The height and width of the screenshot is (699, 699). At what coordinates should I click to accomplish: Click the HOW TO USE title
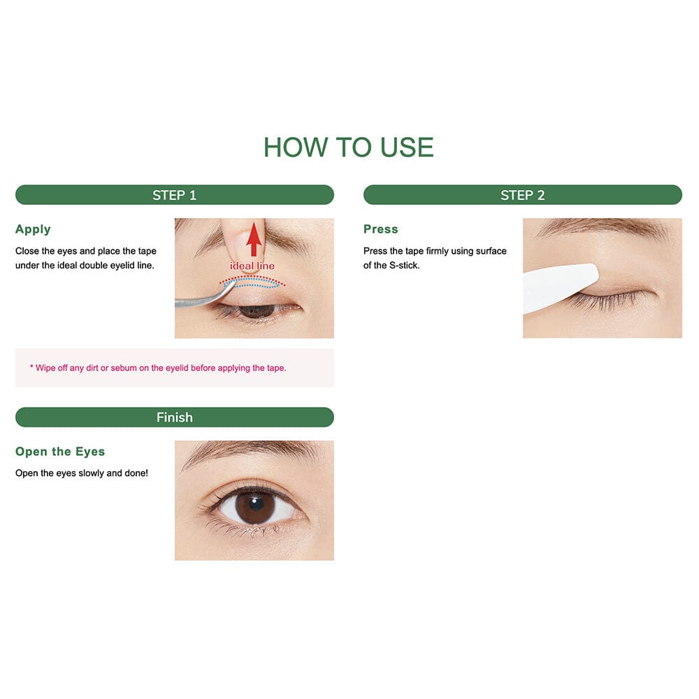click(x=348, y=147)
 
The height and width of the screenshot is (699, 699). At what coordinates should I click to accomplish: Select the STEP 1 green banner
click(x=174, y=195)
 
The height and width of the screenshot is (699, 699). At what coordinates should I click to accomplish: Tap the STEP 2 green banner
click(x=522, y=195)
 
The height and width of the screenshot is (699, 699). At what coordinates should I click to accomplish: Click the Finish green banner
click(x=174, y=417)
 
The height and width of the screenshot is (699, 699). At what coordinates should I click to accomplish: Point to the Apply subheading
click(x=33, y=229)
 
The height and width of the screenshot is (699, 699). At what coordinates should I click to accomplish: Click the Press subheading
click(x=381, y=229)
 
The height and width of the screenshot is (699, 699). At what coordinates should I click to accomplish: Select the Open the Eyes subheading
click(x=60, y=452)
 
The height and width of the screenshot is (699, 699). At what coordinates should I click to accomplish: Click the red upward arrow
click(x=254, y=241)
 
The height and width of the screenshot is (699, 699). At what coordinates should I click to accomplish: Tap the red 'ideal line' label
click(x=252, y=266)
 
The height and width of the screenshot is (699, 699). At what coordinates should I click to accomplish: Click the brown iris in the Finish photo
click(x=254, y=507)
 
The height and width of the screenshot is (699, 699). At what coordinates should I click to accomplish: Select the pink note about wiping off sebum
click(x=158, y=368)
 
